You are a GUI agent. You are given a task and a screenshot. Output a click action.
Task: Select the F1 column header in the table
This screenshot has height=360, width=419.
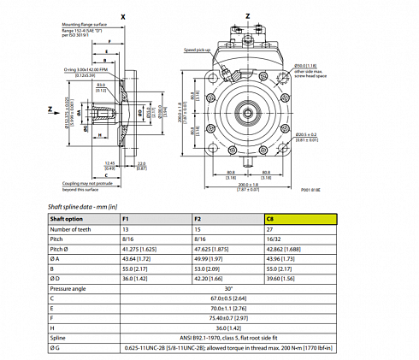127,220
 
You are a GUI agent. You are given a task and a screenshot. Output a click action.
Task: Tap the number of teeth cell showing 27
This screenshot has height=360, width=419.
272,230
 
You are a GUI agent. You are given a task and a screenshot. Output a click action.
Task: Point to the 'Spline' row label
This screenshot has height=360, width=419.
60,338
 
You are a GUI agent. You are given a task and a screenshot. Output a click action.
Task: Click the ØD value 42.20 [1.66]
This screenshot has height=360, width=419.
211,279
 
